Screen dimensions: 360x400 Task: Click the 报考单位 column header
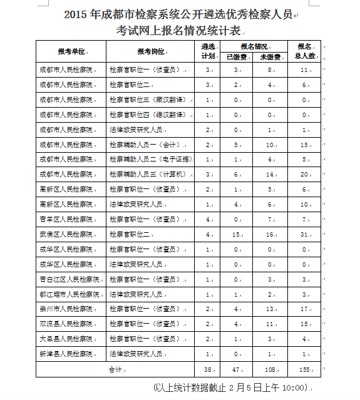(71, 51)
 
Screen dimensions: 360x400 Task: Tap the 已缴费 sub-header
(236, 56)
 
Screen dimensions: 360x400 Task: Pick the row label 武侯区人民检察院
(65, 234)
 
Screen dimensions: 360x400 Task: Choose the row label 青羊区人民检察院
(65, 219)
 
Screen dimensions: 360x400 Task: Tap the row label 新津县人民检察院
(65, 354)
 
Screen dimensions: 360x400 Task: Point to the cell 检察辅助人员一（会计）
(144, 145)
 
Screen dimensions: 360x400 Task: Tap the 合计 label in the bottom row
(115, 369)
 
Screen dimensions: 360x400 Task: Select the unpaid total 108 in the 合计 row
(270, 369)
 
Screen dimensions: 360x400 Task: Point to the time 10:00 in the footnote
(293, 387)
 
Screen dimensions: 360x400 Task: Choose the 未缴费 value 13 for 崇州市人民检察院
(269, 309)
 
